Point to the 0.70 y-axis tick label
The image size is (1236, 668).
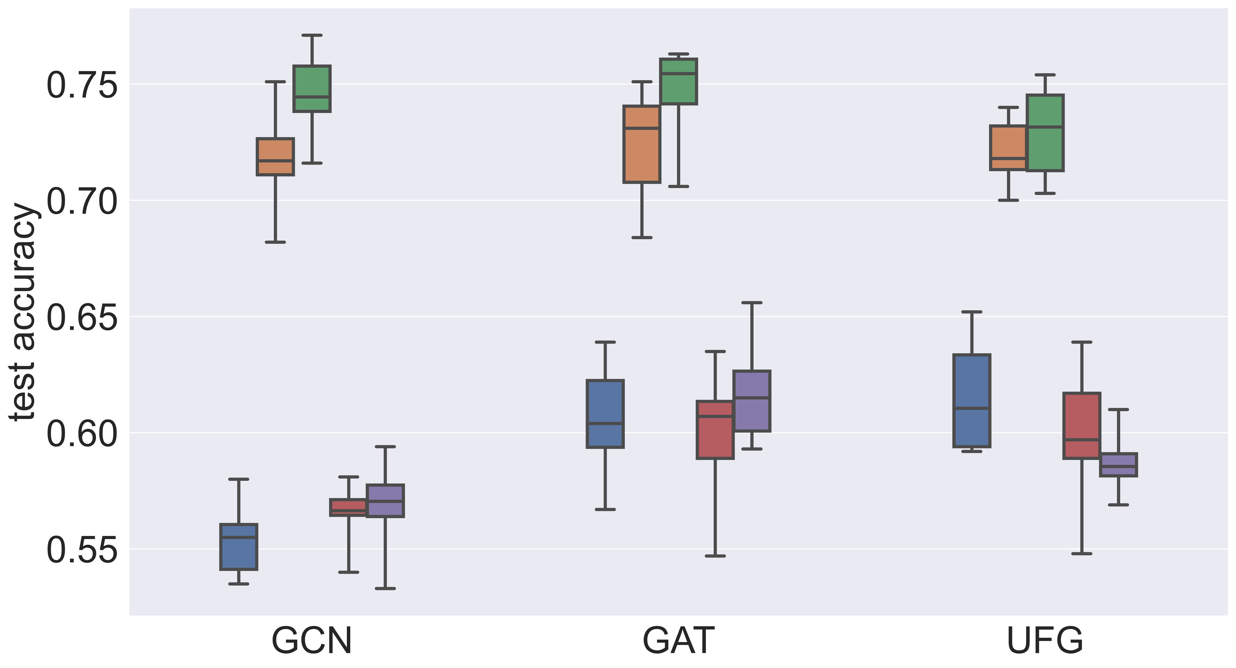coord(82,202)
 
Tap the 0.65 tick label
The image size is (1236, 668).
coord(82,318)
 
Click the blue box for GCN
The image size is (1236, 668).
coord(238,547)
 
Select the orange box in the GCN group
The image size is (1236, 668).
coord(275,157)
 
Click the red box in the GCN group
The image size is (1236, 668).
coord(348,507)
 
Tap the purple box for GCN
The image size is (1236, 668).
coord(385,501)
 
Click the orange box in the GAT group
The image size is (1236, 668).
coord(642,144)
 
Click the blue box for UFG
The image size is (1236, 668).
coord(972,401)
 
